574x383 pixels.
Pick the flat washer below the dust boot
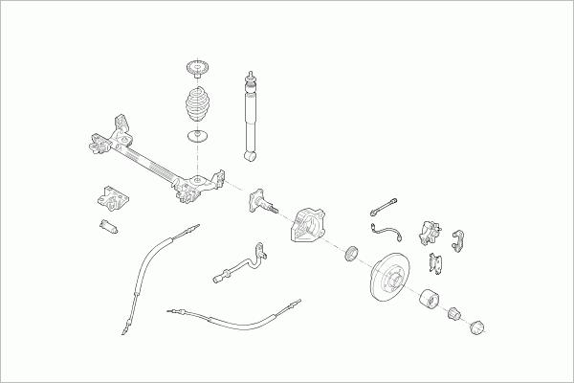[198, 140]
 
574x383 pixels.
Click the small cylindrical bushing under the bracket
[107, 227]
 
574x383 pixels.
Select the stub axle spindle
[263, 203]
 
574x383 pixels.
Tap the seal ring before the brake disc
[351, 253]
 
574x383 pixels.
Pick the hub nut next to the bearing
[457, 317]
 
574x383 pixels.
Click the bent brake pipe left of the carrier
[239, 263]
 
